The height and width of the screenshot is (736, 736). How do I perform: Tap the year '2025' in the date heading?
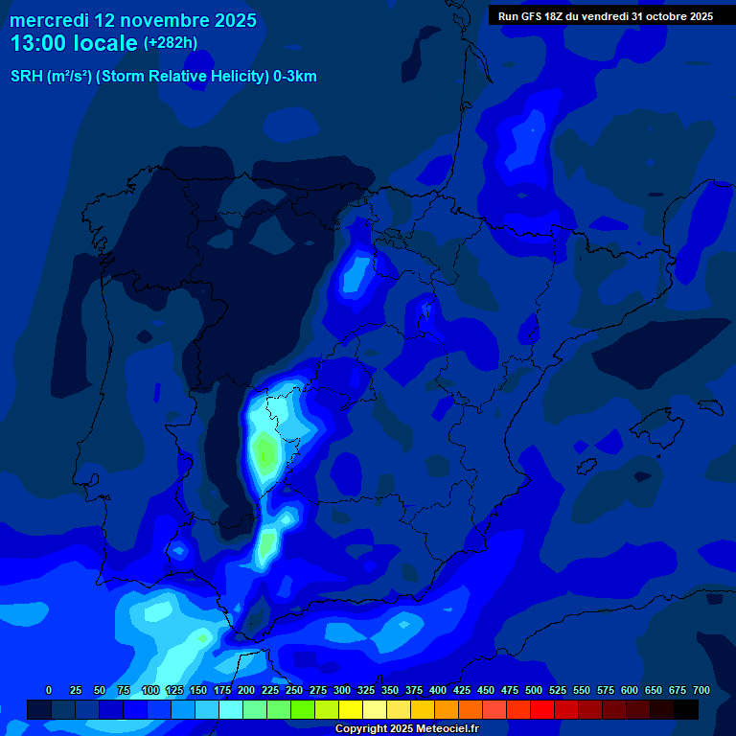tap(230, 20)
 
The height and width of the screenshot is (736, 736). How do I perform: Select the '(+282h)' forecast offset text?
tap(170, 43)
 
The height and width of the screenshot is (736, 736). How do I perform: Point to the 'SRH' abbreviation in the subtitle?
tap(26, 76)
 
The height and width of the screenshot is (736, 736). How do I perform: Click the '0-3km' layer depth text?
tap(295, 76)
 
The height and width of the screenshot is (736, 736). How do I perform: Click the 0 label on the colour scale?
tap(49, 690)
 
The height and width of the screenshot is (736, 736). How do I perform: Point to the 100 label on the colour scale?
tap(150, 690)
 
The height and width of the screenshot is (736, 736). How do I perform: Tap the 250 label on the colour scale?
tap(294, 690)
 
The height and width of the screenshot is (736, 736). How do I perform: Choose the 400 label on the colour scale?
tap(438, 690)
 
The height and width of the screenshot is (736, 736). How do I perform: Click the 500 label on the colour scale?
tap(534, 690)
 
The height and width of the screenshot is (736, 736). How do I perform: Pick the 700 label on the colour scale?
tap(701, 690)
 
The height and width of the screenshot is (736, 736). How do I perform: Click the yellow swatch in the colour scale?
tap(351, 709)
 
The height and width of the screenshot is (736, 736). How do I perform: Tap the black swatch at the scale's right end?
tap(686, 709)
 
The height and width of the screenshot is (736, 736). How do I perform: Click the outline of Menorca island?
tap(709, 406)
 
